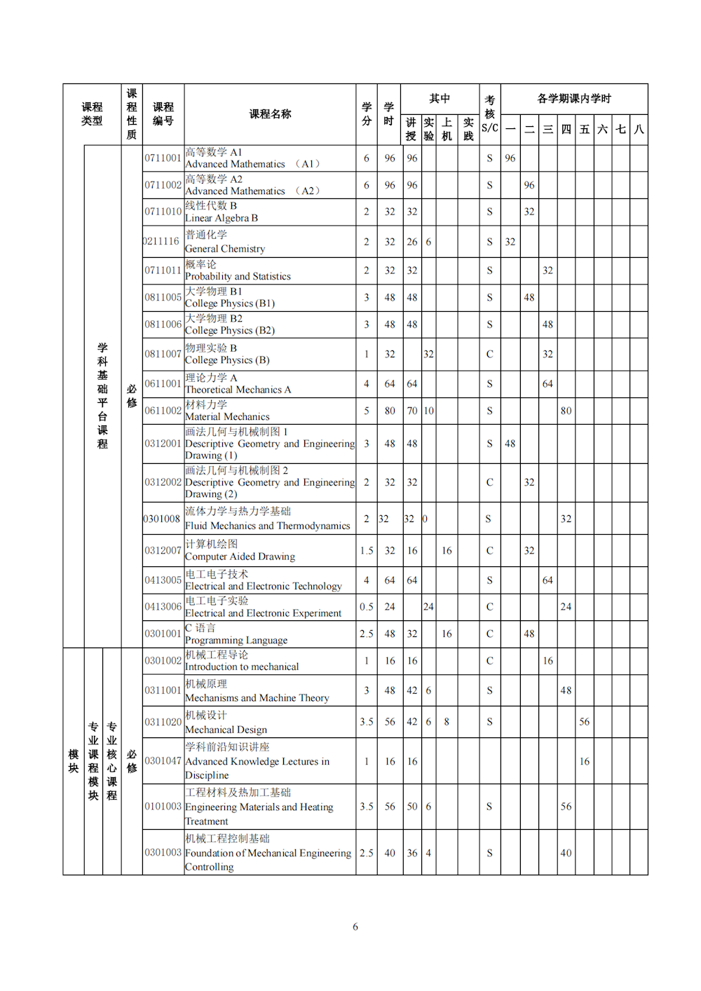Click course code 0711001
coord(163,158)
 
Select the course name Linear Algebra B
coord(222,212)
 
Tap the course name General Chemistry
coord(225,242)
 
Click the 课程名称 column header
coord(270,114)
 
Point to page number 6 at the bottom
coord(355,927)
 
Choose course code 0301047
coord(163,761)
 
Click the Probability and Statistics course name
coord(238,271)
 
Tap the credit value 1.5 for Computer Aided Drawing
coord(367,551)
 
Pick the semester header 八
coord(639,130)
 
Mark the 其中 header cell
coord(440,99)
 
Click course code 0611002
coord(163,411)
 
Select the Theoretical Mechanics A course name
coord(238,384)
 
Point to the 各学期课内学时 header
coord(574,99)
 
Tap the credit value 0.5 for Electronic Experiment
coord(367,607)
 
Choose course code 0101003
coord(163,807)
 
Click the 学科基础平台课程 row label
coord(102,396)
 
